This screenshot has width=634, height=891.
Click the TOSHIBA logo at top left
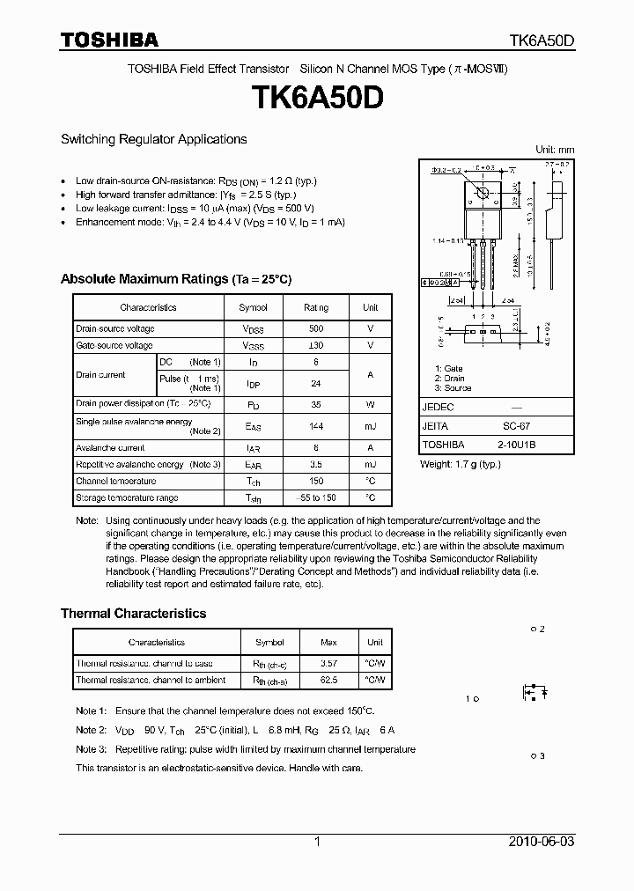(109, 40)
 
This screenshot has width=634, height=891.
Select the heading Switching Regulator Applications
(153, 139)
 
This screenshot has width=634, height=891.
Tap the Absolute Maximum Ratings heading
(175, 279)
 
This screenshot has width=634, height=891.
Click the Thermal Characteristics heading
(133, 614)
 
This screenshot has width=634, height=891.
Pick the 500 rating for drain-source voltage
(316, 328)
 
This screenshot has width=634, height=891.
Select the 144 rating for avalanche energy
(316, 426)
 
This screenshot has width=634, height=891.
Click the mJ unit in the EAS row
(370, 426)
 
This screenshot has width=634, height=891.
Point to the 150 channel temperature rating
(316, 482)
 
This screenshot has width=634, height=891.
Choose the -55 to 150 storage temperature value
(316, 498)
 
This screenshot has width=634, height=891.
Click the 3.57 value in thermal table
(328, 663)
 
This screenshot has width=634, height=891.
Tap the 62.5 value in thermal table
(328, 681)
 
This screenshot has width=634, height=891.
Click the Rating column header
(316, 307)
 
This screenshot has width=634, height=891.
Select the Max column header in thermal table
(328, 643)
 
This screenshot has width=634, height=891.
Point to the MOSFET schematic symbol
(534, 693)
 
